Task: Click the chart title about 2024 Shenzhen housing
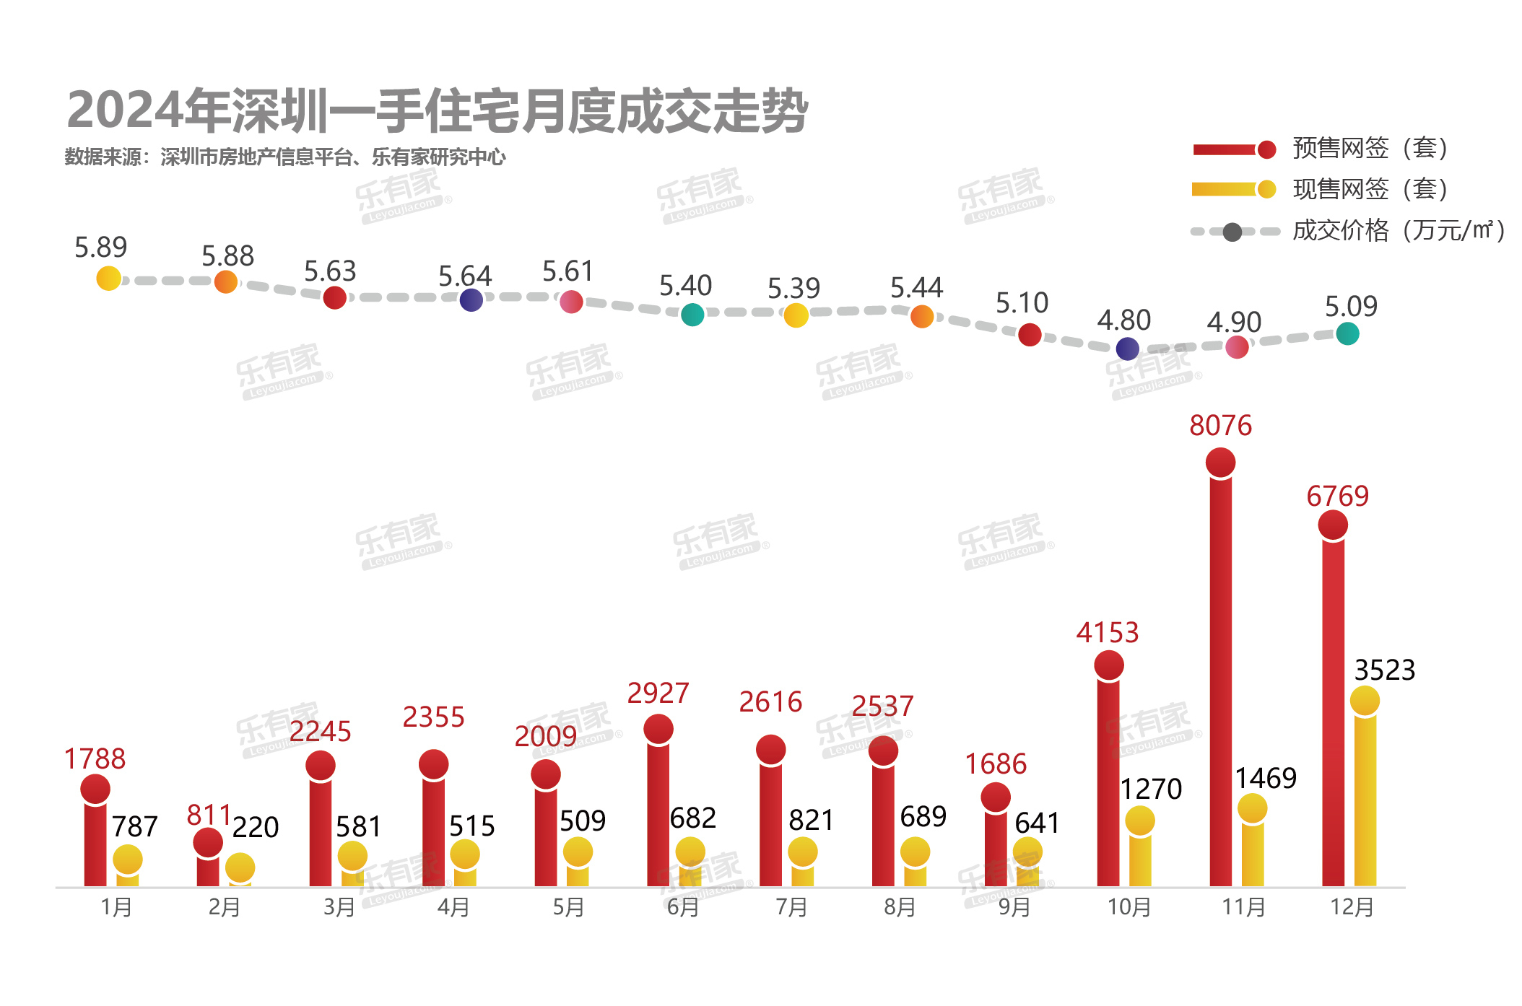click(x=437, y=111)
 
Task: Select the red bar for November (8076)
click(x=1220, y=671)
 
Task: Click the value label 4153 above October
click(x=1107, y=633)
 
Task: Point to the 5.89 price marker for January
click(x=108, y=278)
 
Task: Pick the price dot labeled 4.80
click(x=1127, y=349)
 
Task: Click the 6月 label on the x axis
click(x=682, y=907)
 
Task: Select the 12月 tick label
click(x=1352, y=907)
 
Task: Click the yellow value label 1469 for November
click(x=1266, y=778)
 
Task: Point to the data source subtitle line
click(x=285, y=157)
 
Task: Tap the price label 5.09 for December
click(x=1351, y=307)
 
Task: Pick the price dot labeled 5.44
click(x=921, y=316)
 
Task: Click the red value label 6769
click(x=1337, y=497)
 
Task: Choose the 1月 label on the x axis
click(x=116, y=907)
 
